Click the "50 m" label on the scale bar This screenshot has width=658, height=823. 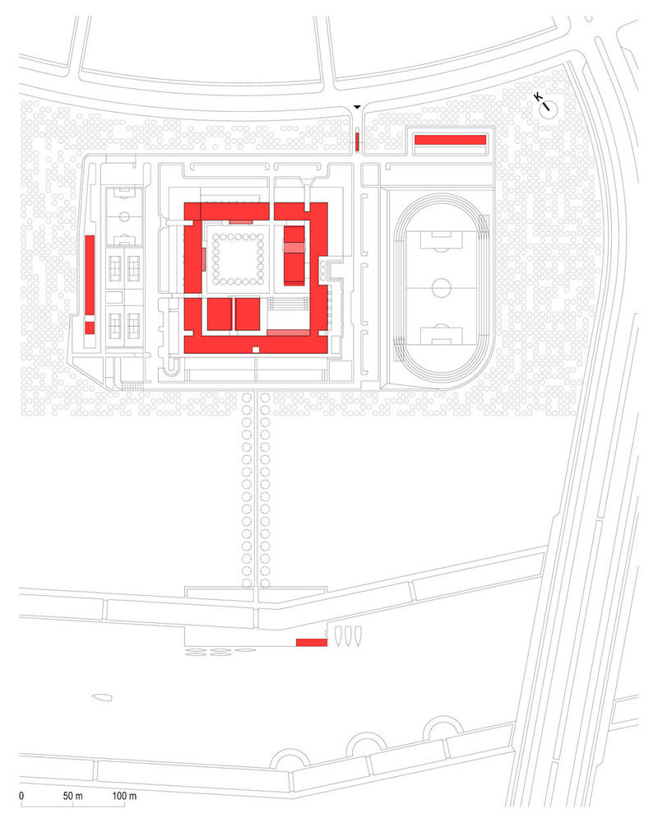pyautogui.click(x=72, y=796)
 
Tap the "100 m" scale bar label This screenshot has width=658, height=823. pyautogui.click(x=124, y=796)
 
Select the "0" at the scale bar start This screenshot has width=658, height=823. pyautogui.click(x=21, y=796)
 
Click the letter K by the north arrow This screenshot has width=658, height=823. pyautogui.click(x=538, y=97)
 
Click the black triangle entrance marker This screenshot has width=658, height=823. pyautogui.click(x=357, y=106)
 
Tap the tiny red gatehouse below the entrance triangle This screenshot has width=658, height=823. pyautogui.click(x=357, y=142)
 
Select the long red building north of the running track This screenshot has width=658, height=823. pyautogui.click(x=450, y=140)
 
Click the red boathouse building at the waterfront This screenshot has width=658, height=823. pyautogui.click(x=312, y=643)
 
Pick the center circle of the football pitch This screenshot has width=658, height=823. pyautogui.click(x=442, y=288)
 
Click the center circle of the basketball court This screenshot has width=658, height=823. pyautogui.click(x=125, y=216)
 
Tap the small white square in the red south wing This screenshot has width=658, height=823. pyautogui.click(x=256, y=350)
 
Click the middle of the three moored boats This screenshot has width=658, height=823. pyautogui.click(x=348, y=635)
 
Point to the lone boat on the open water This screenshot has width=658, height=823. pyautogui.click(x=102, y=697)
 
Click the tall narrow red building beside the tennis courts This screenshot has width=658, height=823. pyautogui.click(x=90, y=275)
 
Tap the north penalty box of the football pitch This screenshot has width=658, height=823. pyautogui.click(x=442, y=239)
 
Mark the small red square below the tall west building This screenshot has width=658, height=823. pyautogui.click(x=90, y=328)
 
